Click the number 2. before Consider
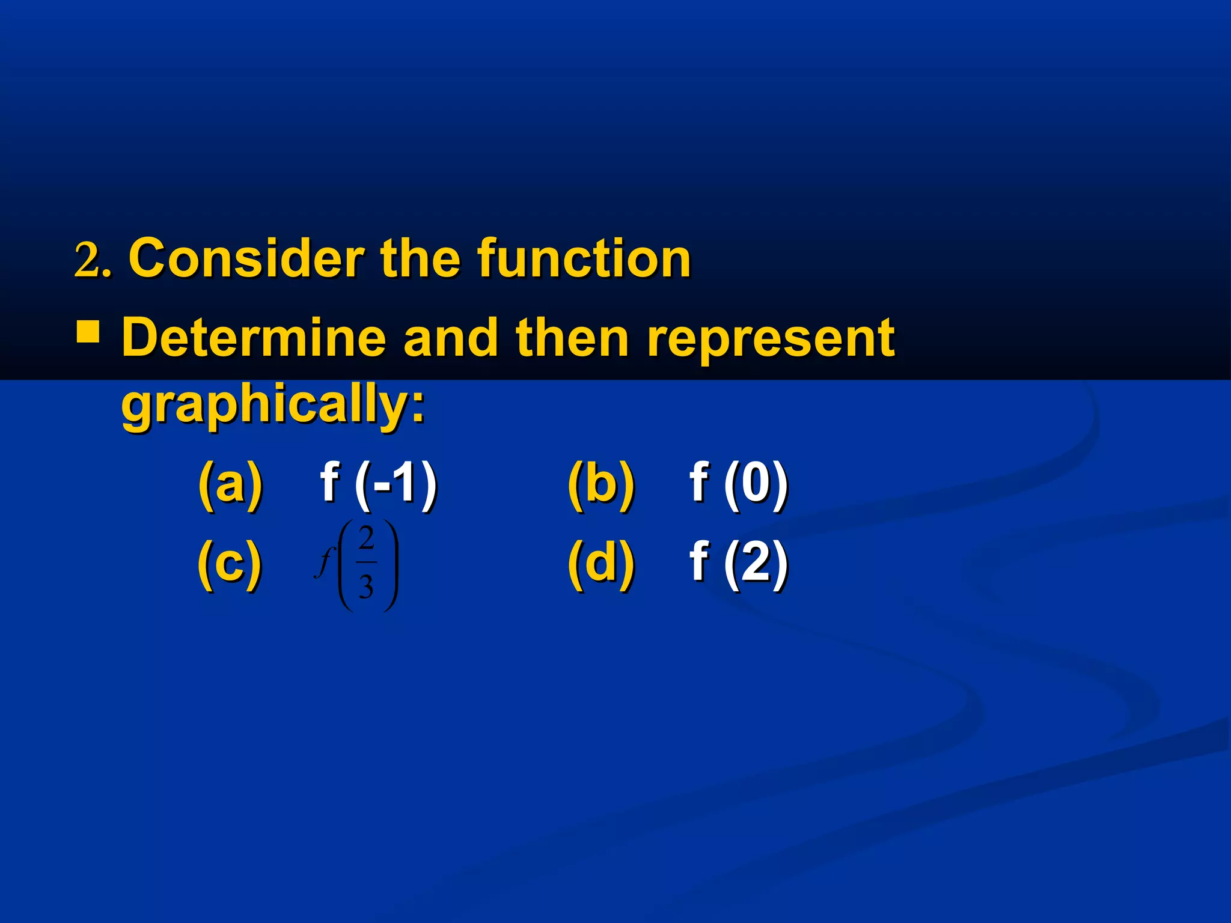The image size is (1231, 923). coord(93,260)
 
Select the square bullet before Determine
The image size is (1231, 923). coord(88,332)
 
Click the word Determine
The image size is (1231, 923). coord(253,337)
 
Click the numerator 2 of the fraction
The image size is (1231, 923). coord(366,538)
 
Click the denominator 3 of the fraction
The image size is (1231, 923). coord(366,586)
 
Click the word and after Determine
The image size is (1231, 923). coord(451,337)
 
